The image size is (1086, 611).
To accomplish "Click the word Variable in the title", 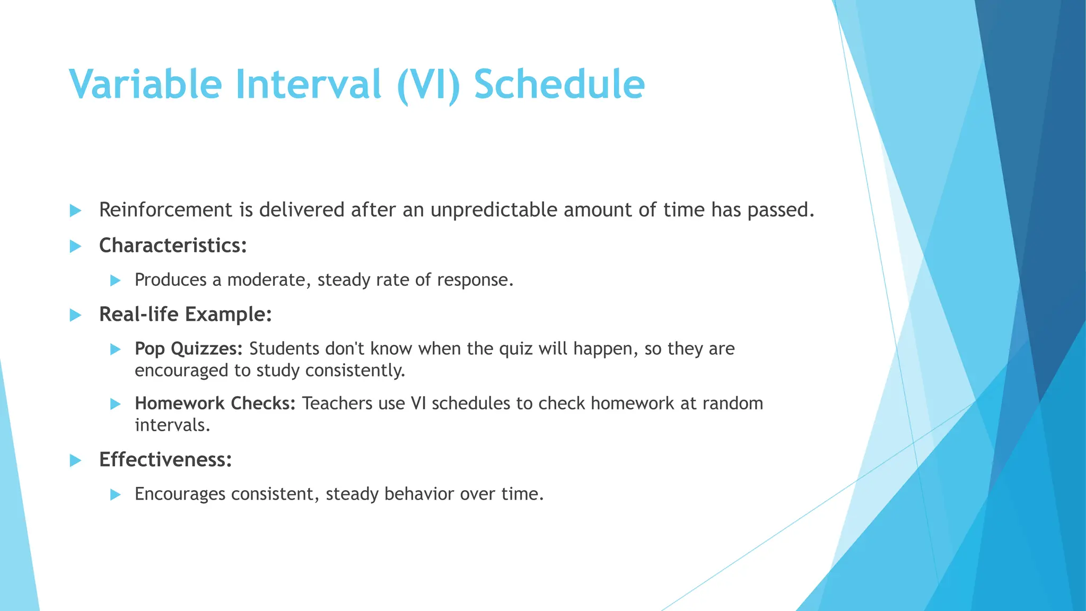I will tap(145, 84).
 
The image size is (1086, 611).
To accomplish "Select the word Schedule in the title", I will tap(559, 84).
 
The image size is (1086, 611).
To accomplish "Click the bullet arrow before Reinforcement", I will tap(75, 211).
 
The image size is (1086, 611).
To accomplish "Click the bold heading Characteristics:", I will tap(173, 246).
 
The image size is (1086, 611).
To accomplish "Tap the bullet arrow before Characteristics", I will tap(75, 246).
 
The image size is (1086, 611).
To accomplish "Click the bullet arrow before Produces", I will tap(115, 281).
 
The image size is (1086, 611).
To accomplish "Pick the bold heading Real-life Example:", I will tap(185, 315).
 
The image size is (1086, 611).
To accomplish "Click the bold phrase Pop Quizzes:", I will tap(188, 349).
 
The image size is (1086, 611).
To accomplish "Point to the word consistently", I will tap(355, 370).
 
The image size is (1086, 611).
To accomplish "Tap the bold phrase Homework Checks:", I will tap(215, 404).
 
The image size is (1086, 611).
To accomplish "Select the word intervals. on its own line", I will tap(172, 425).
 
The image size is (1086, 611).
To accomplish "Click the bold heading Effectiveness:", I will tap(165, 460).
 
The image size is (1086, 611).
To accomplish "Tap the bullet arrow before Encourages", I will tap(115, 495).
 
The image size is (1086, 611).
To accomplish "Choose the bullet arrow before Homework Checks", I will tap(115, 404).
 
